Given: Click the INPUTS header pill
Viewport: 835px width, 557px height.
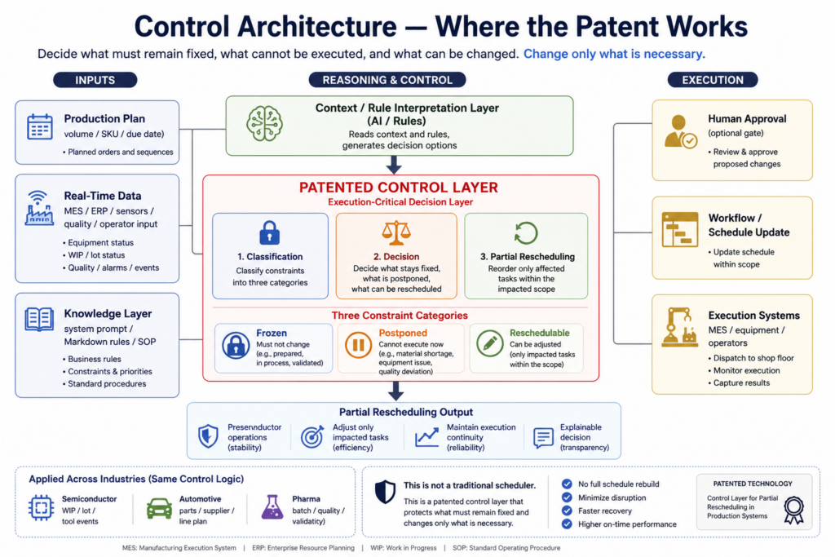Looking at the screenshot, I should pyautogui.click(x=95, y=80).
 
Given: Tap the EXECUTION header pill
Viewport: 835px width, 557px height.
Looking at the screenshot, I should pyautogui.click(x=712, y=80).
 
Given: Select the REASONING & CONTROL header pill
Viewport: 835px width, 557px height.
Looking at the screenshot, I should pyautogui.click(x=387, y=80).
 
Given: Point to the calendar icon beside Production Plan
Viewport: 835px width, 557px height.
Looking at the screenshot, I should pyautogui.click(x=39, y=127).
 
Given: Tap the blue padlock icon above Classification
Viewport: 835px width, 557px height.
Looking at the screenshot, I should pyautogui.click(x=269, y=233).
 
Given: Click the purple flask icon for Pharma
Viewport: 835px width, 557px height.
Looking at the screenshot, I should pyautogui.click(x=272, y=507).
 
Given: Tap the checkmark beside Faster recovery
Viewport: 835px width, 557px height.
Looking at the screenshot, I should pyautogui.click(x=567, y=511).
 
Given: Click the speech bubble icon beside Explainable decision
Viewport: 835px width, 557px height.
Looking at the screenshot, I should pyautogui.click(x=543, y=437).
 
